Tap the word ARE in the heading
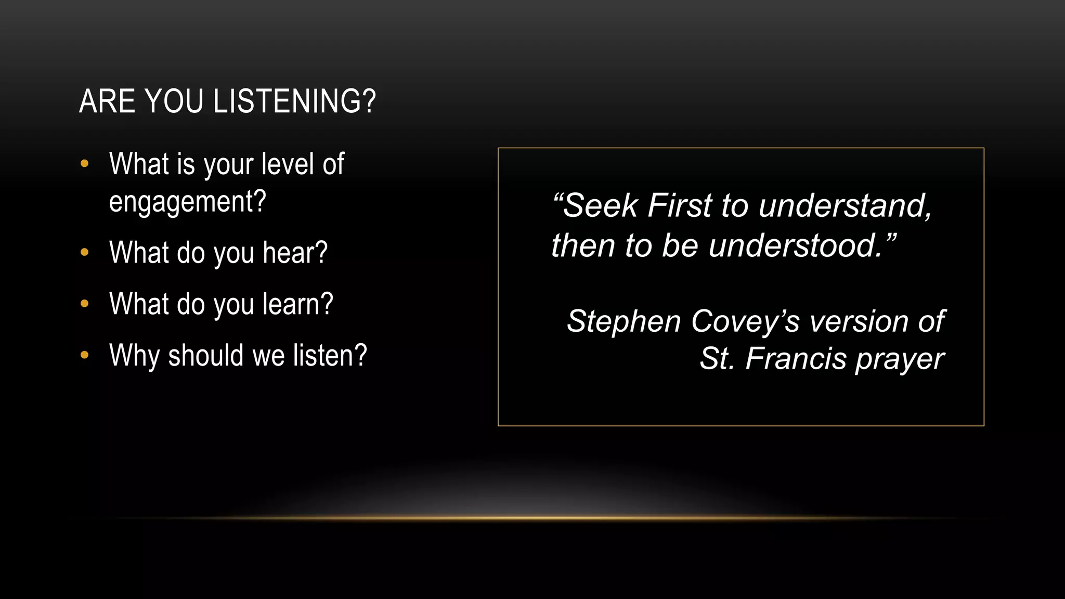pos(107,101)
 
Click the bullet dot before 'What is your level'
pos(85,164)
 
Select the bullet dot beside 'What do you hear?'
pos(85,253)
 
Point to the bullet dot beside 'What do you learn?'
pos(85,304)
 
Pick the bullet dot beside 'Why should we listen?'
pos(85,355)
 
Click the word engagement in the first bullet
pos(187,202)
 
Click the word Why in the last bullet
pos(133,356)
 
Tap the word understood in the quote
pos(796,245)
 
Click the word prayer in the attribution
pos(900,359)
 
